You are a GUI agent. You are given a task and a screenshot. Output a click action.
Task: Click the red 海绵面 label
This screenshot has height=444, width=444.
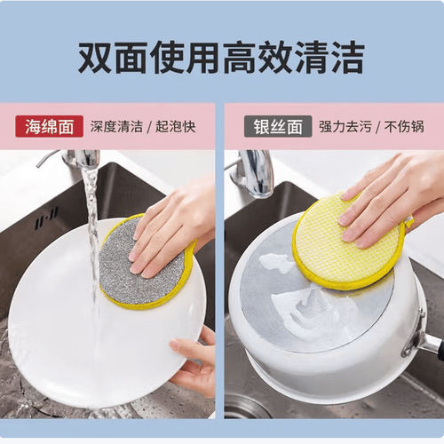pyautogui.click(x=49, y=126)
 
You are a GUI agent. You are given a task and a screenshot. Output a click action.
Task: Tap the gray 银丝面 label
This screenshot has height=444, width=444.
pyautogui.click(x=278, y=126)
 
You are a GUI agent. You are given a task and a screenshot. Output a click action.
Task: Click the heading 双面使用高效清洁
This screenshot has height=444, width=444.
pyautogui.click(x=221, y=58)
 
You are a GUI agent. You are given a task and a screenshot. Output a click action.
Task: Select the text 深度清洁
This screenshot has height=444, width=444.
pyautogui.click(x=116, y=127)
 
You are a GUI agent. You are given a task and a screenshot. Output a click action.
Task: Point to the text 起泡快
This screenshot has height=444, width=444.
pyautogui.click(x=176, y=127)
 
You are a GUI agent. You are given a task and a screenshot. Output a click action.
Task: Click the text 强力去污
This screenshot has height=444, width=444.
pyautogui.click(x=345, y=127)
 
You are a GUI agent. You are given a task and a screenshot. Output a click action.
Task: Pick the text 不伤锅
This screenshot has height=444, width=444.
pyautogui.click(x=404, y=127)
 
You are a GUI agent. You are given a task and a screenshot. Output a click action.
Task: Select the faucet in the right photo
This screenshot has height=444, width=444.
pyautogui.click(x=255, y=173)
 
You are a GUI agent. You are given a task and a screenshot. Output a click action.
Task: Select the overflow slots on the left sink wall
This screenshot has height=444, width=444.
pyautogui.click(x=46, y=218)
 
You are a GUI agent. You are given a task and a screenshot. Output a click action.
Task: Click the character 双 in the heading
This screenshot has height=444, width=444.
pyautogui.click(x=95, y=58)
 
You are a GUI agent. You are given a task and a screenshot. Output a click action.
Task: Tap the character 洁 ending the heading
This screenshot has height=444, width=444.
pyautogui.click(x=348, y=58)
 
